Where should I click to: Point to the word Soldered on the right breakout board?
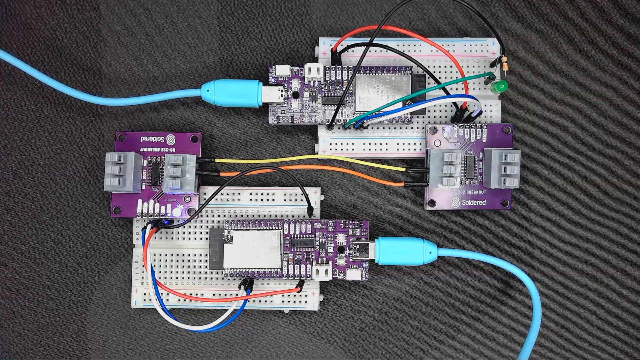point(474,202)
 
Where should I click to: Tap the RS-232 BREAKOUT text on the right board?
point(468,192)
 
